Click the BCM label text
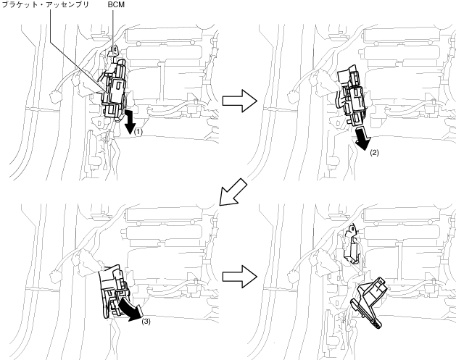(116, 4)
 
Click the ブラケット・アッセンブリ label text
(46, 4)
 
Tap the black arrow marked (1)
(129, 121)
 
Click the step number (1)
(138, 132)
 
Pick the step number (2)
(375, 153)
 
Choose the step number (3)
(146, 322)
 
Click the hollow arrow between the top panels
(240, 101)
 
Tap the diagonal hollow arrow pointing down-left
(233, 192)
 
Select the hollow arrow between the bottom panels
(240, 277)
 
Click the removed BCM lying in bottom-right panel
(369, 302)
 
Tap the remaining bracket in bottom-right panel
(352, 243)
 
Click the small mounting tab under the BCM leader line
(114, 51)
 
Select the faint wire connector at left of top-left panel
(55, 97)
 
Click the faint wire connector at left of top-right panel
(292, 97)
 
